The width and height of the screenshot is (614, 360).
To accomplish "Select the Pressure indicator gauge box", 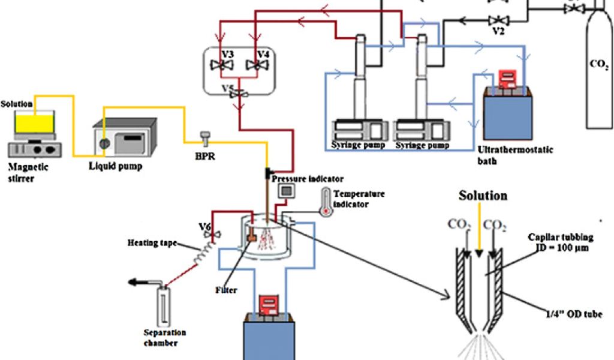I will pyautogui.click(x=288, y=191).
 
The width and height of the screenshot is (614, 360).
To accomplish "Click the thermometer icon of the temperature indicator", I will pyautogui.click(x=326, y=202).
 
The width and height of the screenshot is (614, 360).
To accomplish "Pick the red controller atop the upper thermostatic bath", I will pyautogui.click(x=508, y=77).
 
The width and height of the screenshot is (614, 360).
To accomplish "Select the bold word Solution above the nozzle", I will pyautogui.click(x=483, y=196).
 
